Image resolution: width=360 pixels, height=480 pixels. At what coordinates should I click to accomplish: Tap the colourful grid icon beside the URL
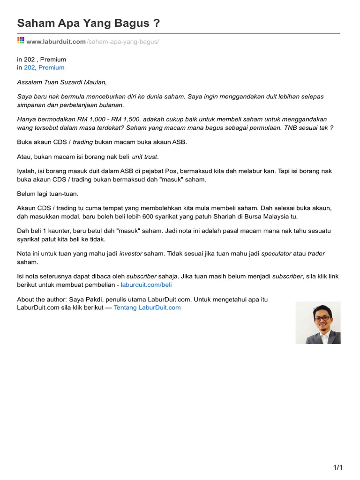tap(21, 41)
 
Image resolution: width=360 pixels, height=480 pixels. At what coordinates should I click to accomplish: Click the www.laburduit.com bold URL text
tap(56, 42)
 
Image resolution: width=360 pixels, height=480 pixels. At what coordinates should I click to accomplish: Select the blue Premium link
tap(52, 67)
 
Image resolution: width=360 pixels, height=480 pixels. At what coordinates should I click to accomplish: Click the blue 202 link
tap(29, 67)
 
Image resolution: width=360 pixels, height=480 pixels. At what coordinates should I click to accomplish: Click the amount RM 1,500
tap(128, 119)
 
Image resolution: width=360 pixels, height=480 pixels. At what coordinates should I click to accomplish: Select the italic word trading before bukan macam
tap(83, 142)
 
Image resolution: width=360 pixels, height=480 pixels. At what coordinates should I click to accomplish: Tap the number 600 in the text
tap(178, 217)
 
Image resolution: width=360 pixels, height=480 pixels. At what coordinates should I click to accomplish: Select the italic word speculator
tap(276, 254)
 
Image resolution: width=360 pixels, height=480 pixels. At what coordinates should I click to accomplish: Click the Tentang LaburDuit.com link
tap(147, 307)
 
